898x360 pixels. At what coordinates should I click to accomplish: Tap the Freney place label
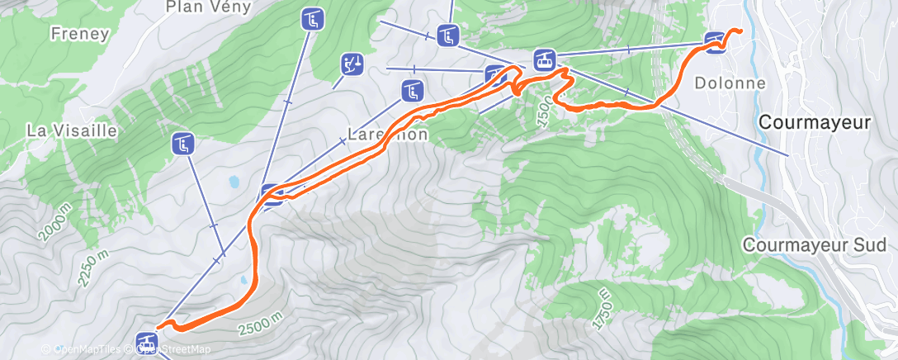tap(79, 35)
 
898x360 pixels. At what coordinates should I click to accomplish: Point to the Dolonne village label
tap(730, 83)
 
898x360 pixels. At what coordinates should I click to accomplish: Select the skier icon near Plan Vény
tap(352, 64)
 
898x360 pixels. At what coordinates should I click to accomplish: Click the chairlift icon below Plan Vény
tap(311, 18)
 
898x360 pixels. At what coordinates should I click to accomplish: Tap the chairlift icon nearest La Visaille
tap(182, 144)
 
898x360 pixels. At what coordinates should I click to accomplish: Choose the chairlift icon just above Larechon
tap(412, 90)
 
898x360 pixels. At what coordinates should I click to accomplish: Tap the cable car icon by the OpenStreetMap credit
tap(148, 341)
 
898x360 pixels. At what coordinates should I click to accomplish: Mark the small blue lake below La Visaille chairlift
tap(234, 180)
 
